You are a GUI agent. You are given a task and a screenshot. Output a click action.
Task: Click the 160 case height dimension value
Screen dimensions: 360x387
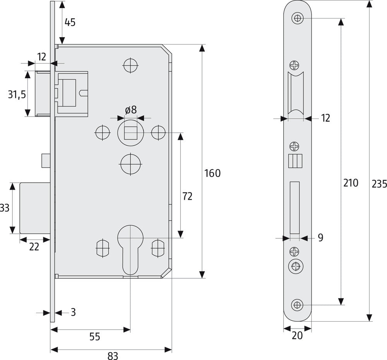click(212, 173)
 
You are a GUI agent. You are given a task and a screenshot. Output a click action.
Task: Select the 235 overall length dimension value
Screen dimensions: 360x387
click(379, 183)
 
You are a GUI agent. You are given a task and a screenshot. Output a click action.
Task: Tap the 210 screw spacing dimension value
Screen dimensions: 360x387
click(351, 183)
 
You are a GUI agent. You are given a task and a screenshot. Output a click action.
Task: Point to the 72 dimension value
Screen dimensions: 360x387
click(187, 196)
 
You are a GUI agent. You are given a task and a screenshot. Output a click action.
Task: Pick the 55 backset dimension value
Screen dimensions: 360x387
click(95, 337)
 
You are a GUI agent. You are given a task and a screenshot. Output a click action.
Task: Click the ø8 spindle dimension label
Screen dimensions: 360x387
click(131, 110)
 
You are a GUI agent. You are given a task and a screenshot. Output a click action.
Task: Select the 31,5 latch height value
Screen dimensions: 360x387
click(17, 94)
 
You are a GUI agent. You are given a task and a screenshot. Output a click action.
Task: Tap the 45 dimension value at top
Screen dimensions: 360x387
click(70, 22)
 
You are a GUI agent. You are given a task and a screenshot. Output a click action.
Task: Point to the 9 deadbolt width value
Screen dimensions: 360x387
click(320, 238)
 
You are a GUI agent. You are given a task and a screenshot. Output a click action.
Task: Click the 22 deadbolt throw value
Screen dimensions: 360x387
click(34, 246)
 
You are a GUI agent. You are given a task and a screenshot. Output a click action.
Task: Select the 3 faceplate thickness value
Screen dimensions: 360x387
click(73, 312)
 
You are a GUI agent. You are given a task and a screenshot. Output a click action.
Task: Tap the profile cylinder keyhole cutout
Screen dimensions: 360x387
click(130, 248)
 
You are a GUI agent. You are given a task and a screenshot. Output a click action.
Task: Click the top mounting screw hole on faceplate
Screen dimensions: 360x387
click(297, 18)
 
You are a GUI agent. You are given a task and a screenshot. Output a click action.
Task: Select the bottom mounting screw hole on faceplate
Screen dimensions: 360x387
click(297, 305)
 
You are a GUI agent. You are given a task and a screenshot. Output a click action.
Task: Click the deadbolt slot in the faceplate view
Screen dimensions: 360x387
click(295, 207)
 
